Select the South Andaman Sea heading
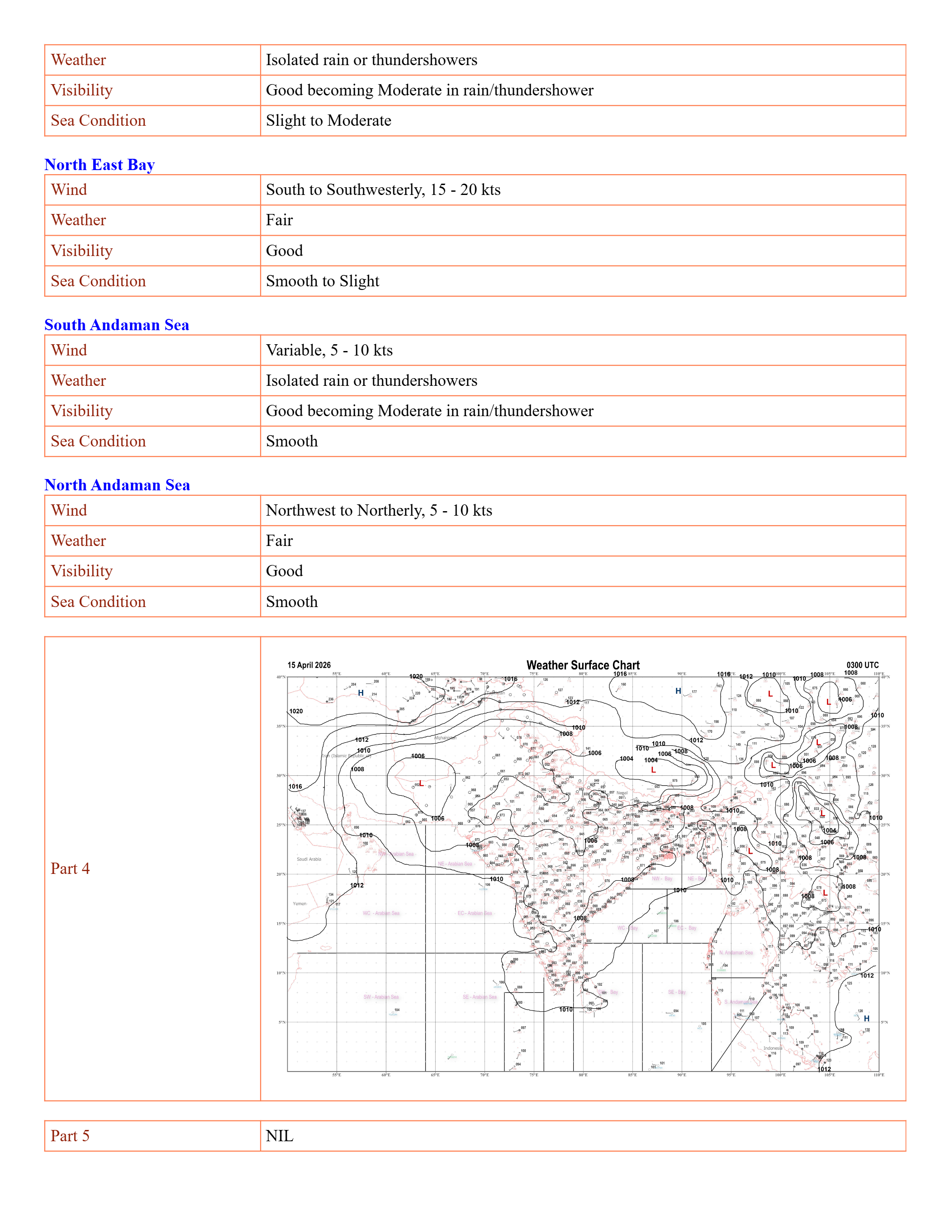pos(117,325)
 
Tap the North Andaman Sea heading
pos(117,484)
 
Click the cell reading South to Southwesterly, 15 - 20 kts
pos(383,190)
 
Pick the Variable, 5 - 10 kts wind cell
pos(329,350)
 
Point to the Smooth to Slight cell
pos(323,281)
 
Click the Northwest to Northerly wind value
pos(379,510)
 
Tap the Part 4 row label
pos(71,868)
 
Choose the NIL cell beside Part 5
pos(280,1135)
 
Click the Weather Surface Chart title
pos(583,665)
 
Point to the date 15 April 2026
pos(309,665)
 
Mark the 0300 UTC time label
pos(862,665)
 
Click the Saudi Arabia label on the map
pos(309,859)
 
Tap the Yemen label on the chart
pos(299,904)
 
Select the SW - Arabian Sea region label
pos(381,996)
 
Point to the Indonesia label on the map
pos(773,1049)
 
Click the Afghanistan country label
pos(445,738)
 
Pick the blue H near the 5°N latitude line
pos(867,1019)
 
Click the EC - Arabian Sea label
pos(475,913)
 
